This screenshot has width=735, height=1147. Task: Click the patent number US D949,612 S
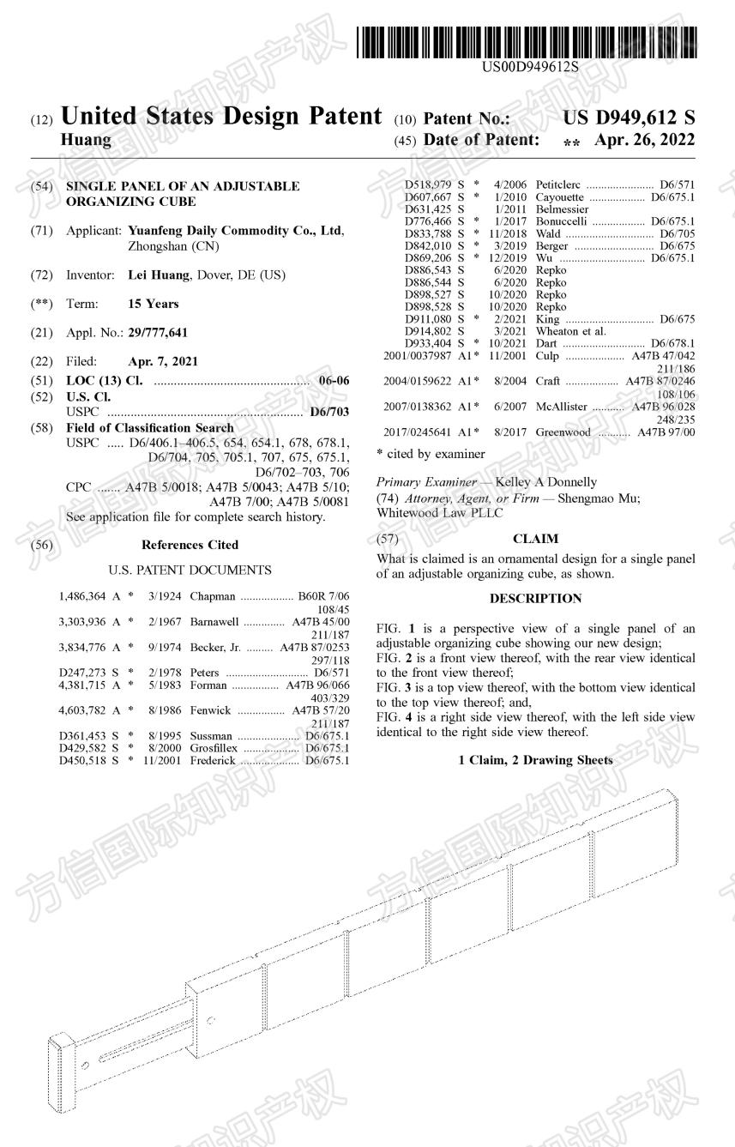click(x=629, y=118)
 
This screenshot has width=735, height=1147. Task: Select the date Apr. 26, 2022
click(x=643, y=139)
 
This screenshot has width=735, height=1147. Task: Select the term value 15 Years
click(x=154, y=304)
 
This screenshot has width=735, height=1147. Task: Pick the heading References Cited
click(x=190, y=545)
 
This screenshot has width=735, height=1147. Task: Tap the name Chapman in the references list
click(x=212, y=595)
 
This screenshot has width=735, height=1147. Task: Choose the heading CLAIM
click(x=535, y=539)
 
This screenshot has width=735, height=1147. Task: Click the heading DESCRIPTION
click(x=535, y=599)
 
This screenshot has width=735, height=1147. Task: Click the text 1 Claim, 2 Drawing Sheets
click(x=535, y=760)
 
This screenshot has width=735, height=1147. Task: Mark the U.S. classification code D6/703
click(x=330, y=412)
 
